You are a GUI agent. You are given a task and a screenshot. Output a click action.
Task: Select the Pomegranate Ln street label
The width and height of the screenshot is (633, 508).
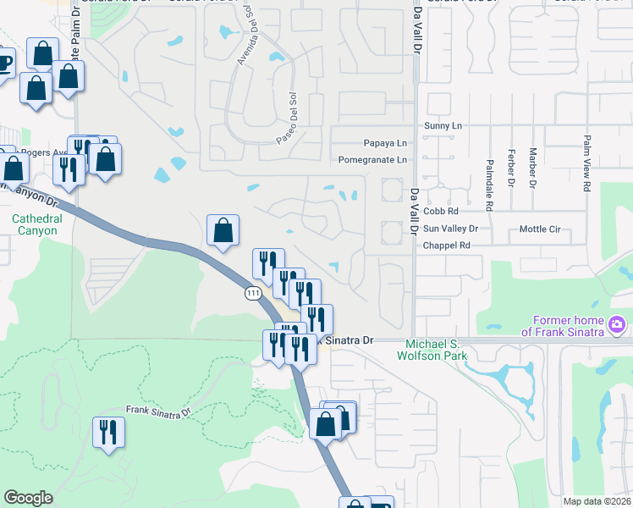372,159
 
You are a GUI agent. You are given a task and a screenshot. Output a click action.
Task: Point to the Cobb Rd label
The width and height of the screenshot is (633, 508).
441,211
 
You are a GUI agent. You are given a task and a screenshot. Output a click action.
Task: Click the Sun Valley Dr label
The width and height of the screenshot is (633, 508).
451,229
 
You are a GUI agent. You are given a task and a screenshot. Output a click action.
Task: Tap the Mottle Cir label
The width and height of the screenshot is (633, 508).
539,229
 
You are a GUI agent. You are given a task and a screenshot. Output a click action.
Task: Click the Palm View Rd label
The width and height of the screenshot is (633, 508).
586,163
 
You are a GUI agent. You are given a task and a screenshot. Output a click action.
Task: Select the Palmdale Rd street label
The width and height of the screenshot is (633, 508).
490,184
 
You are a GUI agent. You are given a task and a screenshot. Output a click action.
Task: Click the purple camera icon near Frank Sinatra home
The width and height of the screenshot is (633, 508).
617,323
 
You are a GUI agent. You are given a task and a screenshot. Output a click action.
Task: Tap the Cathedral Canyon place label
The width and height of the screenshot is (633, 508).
36,224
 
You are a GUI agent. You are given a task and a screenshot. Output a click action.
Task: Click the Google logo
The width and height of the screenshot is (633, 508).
28,498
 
